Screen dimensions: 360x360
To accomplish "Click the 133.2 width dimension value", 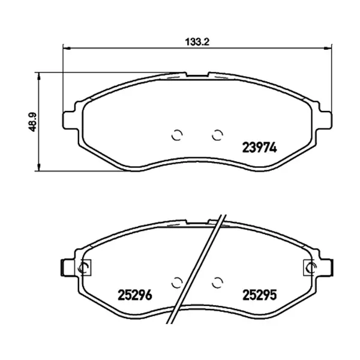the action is coord(197,42).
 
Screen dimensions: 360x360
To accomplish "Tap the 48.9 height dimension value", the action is coord(32,122).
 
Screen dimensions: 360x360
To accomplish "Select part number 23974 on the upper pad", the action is coord(260,148).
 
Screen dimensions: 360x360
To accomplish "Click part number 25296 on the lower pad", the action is coord(135,295).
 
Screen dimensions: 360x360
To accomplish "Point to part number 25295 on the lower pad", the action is coord(260,295).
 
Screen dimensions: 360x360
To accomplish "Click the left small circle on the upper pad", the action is coord(177,135).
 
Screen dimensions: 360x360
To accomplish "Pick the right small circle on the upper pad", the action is coord(217,135).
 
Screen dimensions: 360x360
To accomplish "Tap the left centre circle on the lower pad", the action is coord(177,283).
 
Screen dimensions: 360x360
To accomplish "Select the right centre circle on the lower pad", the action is coord(217,283).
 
